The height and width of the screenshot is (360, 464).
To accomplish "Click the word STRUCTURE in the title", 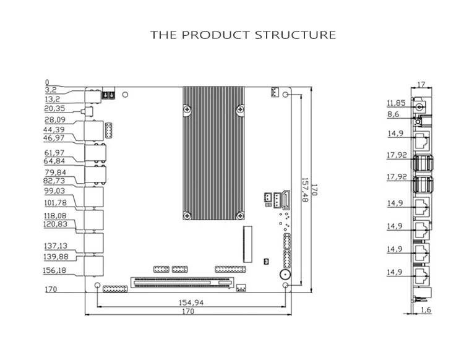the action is click(295, 35).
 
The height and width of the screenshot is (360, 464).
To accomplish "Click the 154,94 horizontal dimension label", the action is click(191, 302).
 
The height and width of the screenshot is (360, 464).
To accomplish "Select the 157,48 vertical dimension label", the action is click(305, 190).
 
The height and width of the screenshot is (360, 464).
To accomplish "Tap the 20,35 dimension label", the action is click(54, 109).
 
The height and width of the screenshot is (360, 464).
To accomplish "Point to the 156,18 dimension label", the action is click(54, 270).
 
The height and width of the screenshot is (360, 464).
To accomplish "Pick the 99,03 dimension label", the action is click(54, 191).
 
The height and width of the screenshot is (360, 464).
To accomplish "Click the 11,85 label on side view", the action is click(396, 103).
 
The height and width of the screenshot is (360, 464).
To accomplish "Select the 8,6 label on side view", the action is click(393, 114).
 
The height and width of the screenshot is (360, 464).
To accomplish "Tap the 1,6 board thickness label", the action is click(426, 310).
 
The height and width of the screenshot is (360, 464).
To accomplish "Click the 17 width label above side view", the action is click(421, 85).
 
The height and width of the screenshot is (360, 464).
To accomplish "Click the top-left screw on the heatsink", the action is click(187, 109).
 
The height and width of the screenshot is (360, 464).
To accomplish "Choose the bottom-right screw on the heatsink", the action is click(240, 215).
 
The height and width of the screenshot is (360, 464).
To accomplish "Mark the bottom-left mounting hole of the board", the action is click(97, 285).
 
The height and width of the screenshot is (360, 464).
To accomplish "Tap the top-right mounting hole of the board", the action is click(286, 95).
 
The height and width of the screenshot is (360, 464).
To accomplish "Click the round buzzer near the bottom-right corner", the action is click(285, 275).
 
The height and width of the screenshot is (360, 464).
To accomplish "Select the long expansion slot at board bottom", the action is click(182, 283).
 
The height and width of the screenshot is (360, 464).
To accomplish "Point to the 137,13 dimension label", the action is click(56, 246).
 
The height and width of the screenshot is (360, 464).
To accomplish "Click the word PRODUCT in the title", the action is click(216, 35).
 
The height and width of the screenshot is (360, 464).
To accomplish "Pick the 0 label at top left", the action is click(47, 82).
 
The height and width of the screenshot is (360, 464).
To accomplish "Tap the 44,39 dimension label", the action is click(54, 129).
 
